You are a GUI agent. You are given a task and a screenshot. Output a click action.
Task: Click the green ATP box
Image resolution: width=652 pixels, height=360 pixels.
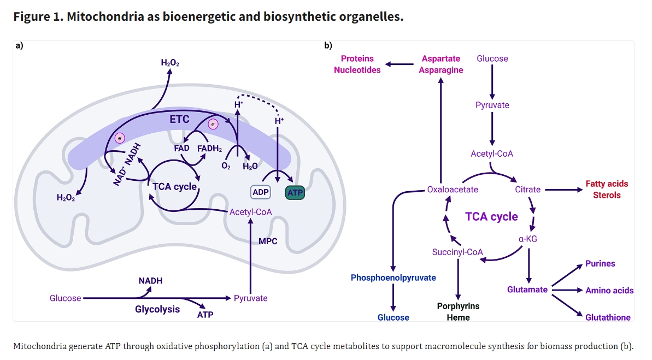point(295,193)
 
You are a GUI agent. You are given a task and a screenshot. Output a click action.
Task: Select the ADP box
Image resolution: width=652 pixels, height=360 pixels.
point(261,193)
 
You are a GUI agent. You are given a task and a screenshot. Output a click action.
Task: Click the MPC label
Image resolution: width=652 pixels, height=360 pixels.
point(268,241)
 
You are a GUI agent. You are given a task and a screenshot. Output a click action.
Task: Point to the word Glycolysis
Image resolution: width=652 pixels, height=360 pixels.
point(157,309)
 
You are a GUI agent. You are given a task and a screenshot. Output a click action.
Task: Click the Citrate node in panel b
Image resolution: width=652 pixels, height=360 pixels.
point(527,190)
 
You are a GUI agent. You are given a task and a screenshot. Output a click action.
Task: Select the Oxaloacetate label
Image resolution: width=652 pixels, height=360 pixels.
point(453,190)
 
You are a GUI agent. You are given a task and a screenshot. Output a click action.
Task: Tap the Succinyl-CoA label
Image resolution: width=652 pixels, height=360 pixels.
point(457,252)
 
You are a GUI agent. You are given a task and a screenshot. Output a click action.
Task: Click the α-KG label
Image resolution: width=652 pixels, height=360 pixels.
point(528,239)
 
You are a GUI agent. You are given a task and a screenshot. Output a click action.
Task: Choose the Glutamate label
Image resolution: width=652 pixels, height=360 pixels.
point(527,290)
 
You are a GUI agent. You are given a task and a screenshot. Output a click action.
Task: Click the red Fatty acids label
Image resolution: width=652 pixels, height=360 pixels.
point(607,184)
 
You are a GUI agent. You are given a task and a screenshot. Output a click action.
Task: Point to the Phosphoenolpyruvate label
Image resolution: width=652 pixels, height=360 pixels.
point(393,278)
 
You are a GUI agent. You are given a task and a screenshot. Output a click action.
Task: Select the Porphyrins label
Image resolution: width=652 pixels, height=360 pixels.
point(458,306)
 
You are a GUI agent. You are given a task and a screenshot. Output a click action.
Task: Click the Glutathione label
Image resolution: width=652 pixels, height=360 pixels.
point(608,317)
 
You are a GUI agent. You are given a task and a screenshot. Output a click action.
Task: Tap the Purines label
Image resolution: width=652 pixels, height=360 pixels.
point(600,263)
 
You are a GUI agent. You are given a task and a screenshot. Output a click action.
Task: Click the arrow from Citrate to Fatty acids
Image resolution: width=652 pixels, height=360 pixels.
point(563,190)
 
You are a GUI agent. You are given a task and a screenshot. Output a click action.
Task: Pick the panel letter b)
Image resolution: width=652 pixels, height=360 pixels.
point(328,45)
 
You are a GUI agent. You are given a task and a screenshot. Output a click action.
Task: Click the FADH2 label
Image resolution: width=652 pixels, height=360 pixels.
point(209,148)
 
